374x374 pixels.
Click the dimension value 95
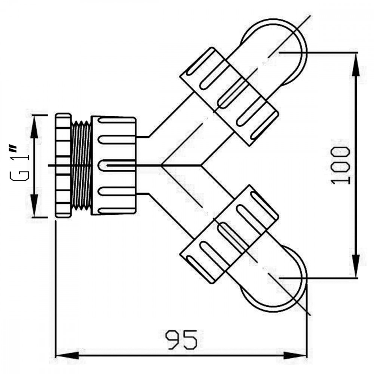click(181, 340)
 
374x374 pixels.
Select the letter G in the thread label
click(19, 176)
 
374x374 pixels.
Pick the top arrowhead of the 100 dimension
click(356, 65)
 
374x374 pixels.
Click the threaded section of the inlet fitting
click(81, 166)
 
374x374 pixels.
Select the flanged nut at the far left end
click(63, 165)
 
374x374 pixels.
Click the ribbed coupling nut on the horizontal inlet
click(114, 166)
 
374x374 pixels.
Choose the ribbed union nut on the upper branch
click(229, 96)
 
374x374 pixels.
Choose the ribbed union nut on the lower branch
click(229, 234)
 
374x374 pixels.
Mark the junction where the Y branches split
click(161, 165)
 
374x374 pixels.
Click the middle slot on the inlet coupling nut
click(117, 165)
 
